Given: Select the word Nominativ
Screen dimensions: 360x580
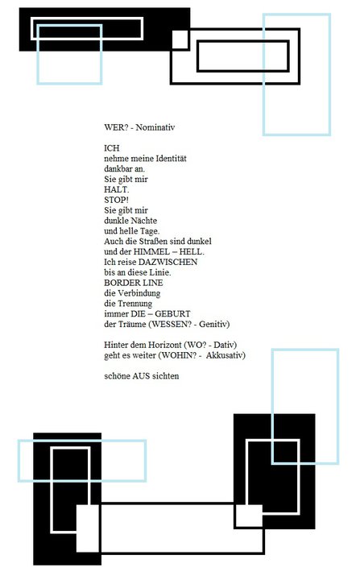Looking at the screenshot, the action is [x=155, y=127].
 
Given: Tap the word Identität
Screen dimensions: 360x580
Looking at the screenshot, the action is [x=171, y=159].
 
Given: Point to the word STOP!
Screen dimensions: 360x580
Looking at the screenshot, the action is [x=116, y=200].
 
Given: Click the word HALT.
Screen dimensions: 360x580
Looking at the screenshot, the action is [x=116, y=189].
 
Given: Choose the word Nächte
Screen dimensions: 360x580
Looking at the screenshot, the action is [x=144, y=221].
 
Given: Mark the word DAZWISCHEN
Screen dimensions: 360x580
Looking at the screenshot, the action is [x=168, y=262].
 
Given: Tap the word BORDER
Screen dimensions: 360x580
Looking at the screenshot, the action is [x=118, y=283].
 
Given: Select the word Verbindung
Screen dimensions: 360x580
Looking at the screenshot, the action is [x=139, y=293].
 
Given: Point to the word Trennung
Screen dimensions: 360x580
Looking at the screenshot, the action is [x=135, y=304].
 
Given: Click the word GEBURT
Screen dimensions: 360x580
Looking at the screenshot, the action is [x=172, y=313].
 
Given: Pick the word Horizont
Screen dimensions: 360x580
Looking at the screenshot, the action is [x=165, y=345].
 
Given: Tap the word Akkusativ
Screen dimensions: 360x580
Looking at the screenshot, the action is [x=226, y=355].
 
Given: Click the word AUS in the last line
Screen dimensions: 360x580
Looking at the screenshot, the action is [x=141, y=376].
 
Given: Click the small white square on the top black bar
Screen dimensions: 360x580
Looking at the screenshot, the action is [x=180, y=39].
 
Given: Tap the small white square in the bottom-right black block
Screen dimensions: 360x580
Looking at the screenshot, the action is [x=249, y=516].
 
